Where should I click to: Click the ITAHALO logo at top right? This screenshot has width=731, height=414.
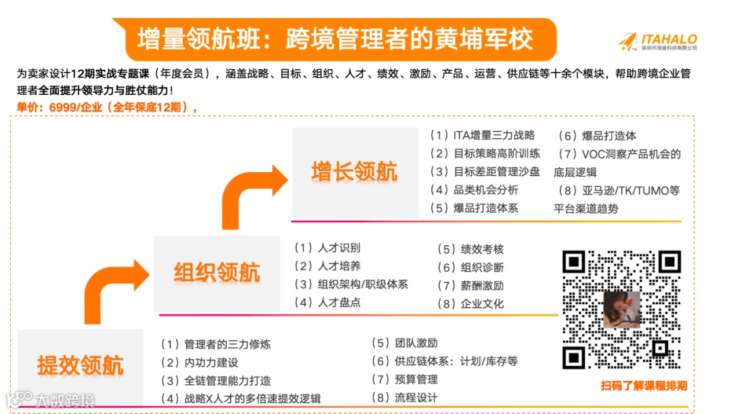click(658, 41)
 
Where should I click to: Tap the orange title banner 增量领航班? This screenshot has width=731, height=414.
click(336, 39)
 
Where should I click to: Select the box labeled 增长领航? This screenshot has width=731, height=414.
click(354, 172)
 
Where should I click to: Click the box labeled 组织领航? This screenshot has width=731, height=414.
click(217, 273)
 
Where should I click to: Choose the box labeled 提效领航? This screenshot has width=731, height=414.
click(80, 366)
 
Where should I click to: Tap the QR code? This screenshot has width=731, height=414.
click(621, 310)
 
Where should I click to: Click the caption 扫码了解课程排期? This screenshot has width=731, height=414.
click(644, 386)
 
